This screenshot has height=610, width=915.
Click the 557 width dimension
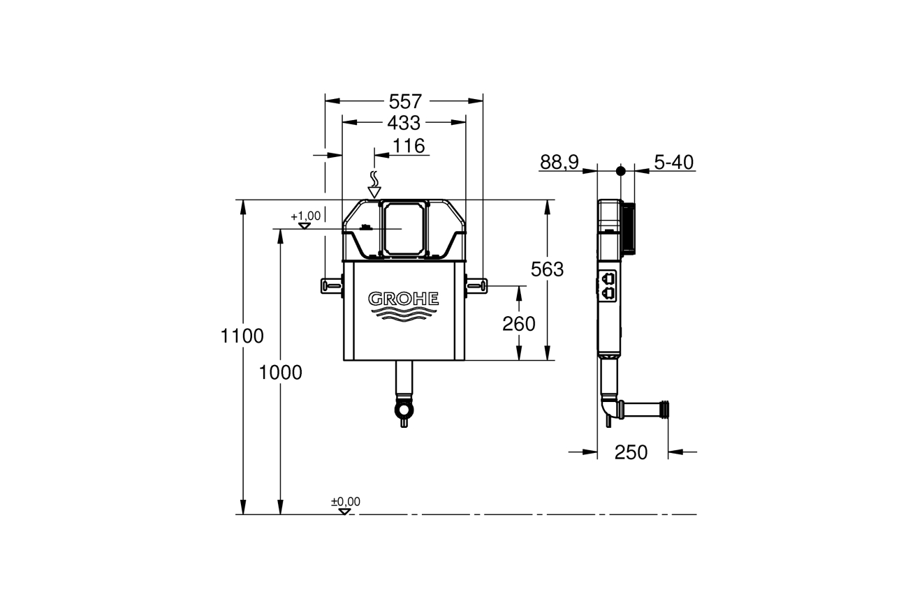pos(405,102)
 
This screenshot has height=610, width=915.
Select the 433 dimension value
pos(404,123)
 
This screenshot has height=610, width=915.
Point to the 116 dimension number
pos(409,146)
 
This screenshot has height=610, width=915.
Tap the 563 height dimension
pos(547,269)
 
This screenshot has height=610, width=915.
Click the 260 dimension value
pos(519,324)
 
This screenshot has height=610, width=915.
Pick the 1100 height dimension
pos(242,336)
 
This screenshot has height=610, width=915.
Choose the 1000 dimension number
pos(280,373)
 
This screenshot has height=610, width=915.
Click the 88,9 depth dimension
pos(559,162)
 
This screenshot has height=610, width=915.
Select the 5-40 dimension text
pos(673,163)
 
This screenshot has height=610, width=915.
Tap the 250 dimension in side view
pos(631,452)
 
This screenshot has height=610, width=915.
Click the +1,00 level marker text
pos(305,216)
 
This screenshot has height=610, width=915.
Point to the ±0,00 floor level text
pos(346,501)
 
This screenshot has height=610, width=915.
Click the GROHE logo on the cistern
pos(404,299)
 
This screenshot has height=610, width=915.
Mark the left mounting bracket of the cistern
pos(332,286)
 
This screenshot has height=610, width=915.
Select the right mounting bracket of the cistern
pos(476,286)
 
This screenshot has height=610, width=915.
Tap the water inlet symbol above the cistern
pos(374,185)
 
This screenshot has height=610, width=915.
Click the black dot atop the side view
pos(620,171)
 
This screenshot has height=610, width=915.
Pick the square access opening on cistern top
pos(404,229)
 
